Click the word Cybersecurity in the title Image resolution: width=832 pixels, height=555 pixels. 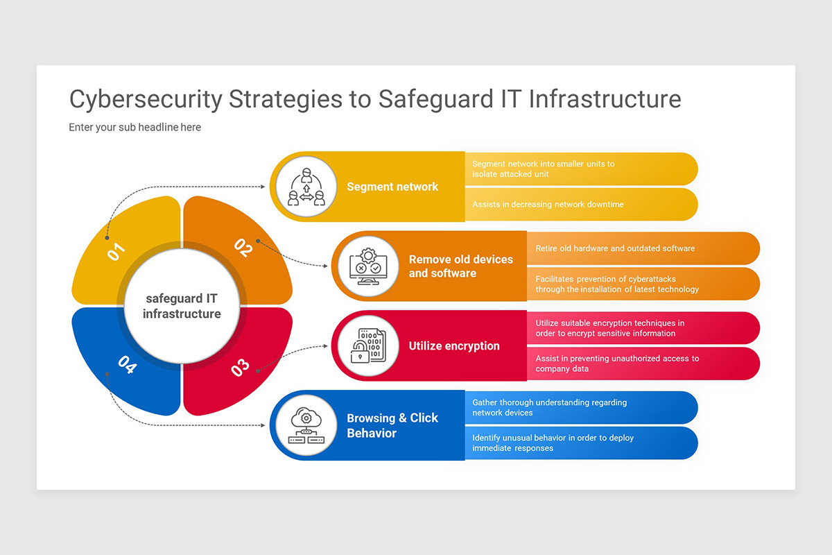146,99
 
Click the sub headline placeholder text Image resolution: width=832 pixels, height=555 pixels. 135,128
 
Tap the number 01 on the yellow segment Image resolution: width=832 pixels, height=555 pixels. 116,251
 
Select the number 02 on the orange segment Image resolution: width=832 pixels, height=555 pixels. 243,248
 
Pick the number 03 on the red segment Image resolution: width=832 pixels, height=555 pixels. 240,367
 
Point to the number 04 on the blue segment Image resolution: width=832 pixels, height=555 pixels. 126,364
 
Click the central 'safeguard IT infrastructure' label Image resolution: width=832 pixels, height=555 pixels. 182,306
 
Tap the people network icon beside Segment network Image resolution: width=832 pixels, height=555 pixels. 306,187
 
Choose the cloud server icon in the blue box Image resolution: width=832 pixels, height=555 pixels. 306,425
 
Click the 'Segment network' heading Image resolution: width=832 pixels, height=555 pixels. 392,187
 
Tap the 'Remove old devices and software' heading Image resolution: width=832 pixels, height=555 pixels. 460,266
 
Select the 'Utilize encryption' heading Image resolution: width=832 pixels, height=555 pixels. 454,346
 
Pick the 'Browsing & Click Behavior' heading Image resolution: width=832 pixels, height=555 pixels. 392,425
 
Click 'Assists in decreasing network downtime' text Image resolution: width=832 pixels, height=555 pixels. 548,205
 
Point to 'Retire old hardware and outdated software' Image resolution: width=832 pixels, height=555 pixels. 615,248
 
